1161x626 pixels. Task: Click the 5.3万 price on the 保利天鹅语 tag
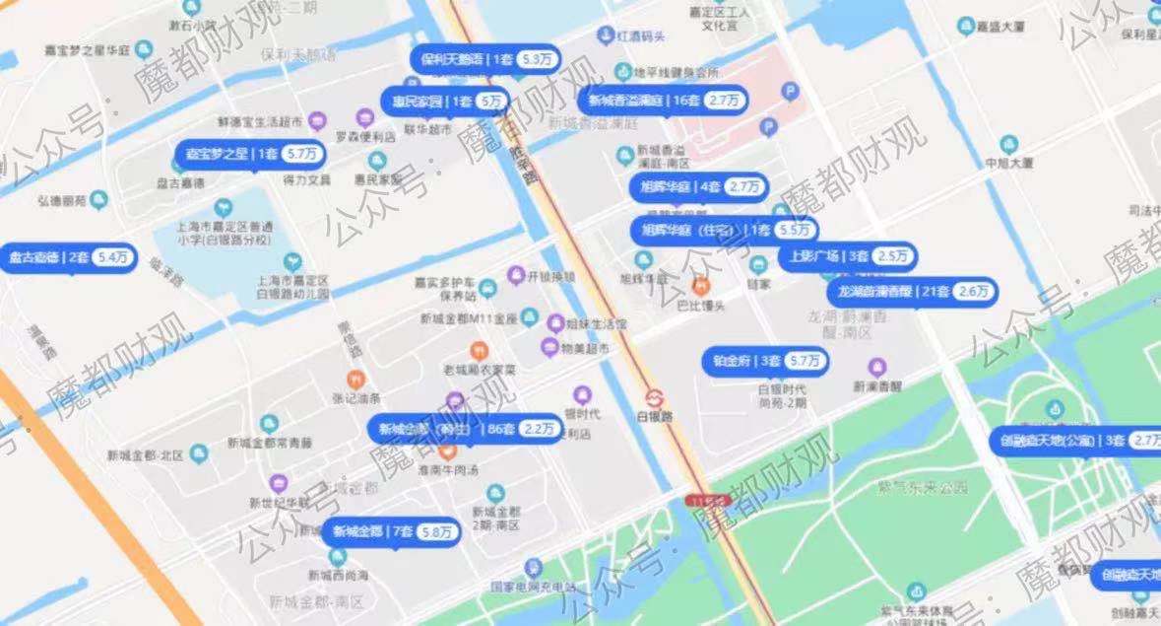538,59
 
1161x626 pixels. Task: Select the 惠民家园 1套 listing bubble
445,101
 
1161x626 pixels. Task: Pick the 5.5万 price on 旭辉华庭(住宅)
795,230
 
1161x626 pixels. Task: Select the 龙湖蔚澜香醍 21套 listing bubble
912,292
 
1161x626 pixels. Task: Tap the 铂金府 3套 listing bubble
764,361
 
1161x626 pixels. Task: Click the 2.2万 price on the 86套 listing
540,429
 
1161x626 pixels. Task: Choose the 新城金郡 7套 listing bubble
392,531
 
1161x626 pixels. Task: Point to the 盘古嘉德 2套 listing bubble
68,257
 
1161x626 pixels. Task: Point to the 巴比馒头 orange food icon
700,287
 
